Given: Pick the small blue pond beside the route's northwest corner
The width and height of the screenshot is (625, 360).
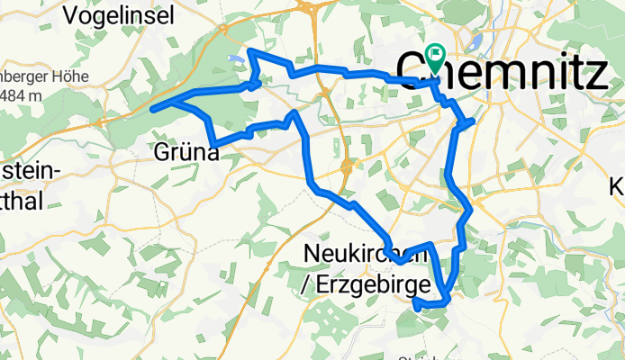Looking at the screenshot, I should click(236, 60).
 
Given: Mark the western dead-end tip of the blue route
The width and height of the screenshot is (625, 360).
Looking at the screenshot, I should click(153, 109).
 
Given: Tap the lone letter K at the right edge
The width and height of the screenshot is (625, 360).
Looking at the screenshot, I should click(618, 187).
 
